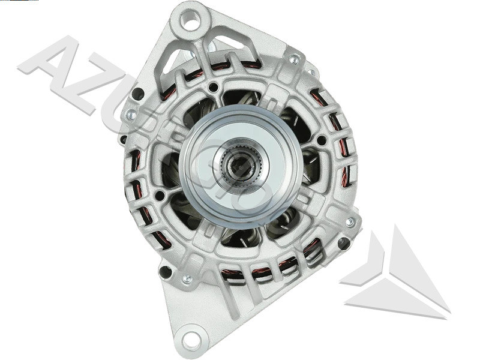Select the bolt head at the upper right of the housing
pyautogui.click(x=294, y=59)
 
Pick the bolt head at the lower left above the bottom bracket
pyautogui.click(x=187, y=278)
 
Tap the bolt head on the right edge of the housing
pyautogui.click(x=350, y=222)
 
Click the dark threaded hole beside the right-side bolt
pyautogui.click(x=343, y=243)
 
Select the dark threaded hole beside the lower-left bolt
pyautogui.click(x=165, y=271)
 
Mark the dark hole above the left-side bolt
pyautogui.click(x=137, y=94)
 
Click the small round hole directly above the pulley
pyautogui.click(x=213, y=88)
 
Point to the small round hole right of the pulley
pyautogui.click(x=322, y=140)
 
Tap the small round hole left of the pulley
pyautogui.click(x=160, y=196)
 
